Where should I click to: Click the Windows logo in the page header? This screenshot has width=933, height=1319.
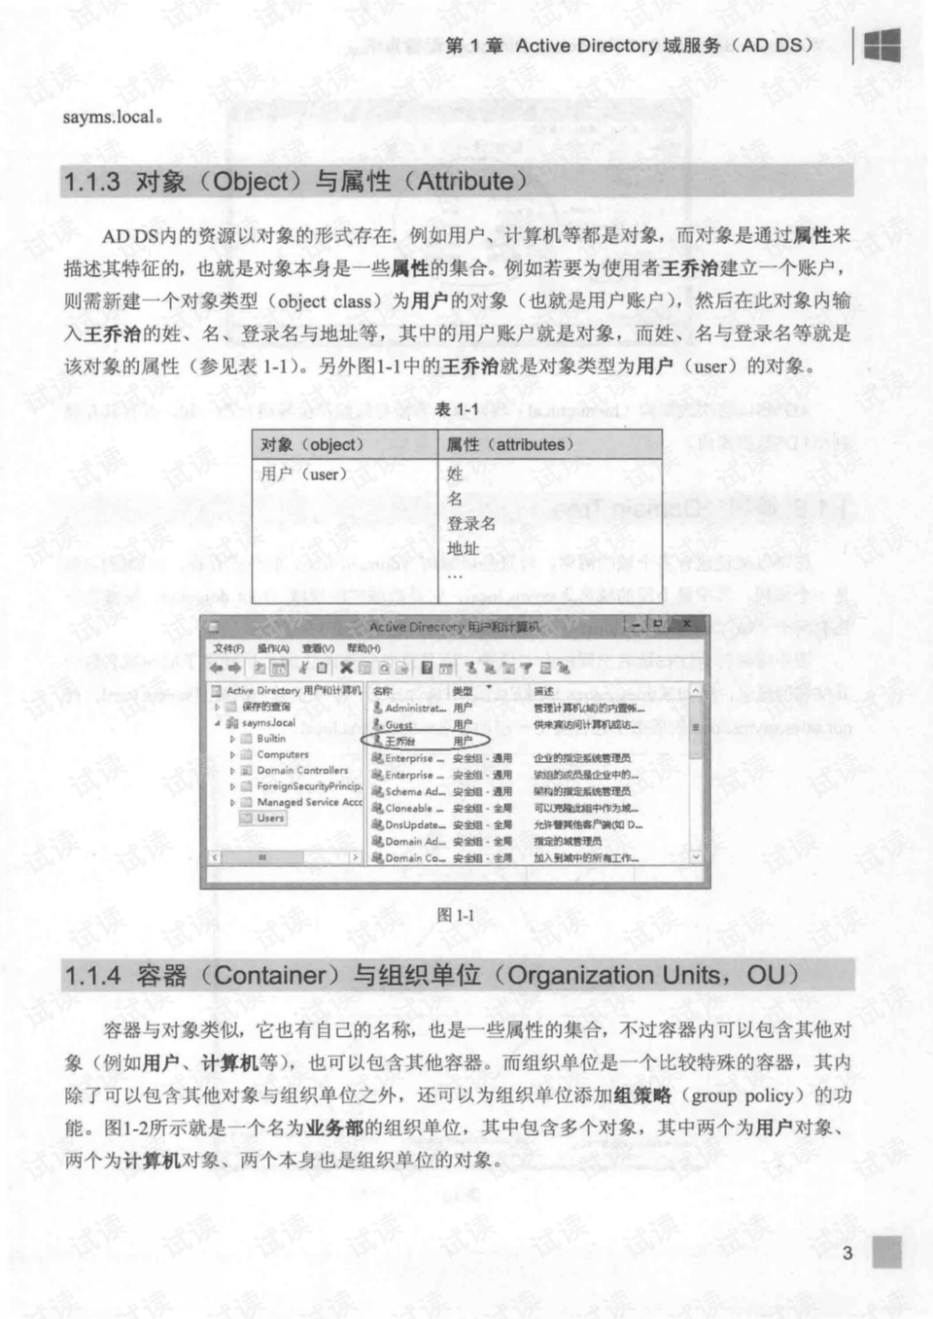point(881,45)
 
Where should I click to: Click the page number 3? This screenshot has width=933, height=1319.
point(847,1253)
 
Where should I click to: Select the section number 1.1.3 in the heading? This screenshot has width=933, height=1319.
point(91,182)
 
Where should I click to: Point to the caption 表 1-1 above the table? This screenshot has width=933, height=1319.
point(456,409)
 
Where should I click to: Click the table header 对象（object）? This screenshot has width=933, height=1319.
point(311,445)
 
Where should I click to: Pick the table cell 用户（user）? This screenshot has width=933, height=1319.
point(302,474)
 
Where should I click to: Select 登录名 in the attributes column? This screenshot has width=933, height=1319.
point(471,524)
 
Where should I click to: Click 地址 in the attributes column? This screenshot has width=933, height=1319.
point(463,549)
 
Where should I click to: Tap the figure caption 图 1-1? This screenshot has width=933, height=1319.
point(456,915)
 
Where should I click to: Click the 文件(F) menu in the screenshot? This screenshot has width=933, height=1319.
point(228,648)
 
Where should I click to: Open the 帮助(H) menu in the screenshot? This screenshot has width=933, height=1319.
point(363,648)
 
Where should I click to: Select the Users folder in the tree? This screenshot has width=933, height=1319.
point(270,818)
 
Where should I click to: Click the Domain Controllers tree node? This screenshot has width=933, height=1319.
point(302,771)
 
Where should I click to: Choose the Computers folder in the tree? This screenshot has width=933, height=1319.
point(282,754)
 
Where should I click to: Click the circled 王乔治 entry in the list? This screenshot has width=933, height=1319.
point(399,742)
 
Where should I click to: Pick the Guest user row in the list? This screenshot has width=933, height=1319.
point(398,725)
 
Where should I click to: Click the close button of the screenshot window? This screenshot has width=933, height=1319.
point(686,624)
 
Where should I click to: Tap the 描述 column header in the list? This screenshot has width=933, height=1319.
point(543,691)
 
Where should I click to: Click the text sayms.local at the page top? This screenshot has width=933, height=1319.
point(109,117)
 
